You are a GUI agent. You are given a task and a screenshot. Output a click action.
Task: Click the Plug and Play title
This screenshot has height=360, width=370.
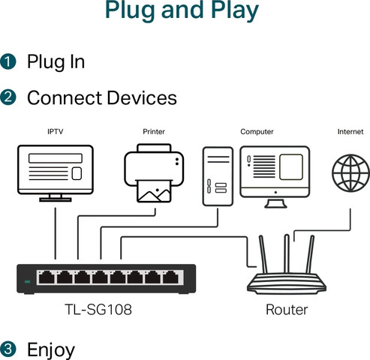pos(182,10)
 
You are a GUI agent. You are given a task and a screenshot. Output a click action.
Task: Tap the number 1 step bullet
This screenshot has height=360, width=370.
pos(8,61)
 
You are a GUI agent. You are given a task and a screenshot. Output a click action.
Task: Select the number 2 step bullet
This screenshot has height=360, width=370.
pos(8,97)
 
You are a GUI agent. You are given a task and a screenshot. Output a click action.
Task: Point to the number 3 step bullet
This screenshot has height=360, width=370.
pos(8,349)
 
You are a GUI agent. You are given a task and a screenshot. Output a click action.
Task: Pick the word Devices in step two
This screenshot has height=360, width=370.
pos(142,97)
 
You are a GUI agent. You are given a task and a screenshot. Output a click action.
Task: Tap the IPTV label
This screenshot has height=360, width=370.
pos(56,131)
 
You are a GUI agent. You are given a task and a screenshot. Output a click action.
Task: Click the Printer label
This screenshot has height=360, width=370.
pos(154,131)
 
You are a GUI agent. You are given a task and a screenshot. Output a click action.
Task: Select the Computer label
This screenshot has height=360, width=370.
pos(257,132)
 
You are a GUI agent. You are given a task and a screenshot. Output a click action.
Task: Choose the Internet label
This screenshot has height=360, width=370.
pos(350,131)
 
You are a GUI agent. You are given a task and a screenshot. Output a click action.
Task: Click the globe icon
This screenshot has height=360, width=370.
pos(350,173)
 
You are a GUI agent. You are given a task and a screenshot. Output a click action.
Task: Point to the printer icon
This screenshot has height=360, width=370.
pos(154,173)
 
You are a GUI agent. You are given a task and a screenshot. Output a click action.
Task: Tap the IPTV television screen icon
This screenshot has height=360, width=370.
pos(56,173)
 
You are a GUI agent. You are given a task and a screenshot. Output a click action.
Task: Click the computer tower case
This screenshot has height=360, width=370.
pos(218,176)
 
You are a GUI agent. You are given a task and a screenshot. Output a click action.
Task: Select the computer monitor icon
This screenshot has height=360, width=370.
pos(275,177)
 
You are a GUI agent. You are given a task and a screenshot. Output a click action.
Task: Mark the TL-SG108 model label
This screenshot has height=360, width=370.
pos(98,310)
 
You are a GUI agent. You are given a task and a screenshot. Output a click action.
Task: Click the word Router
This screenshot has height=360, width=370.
pos(287,310)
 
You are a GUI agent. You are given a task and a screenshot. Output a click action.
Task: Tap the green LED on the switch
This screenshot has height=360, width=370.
pos(28,282)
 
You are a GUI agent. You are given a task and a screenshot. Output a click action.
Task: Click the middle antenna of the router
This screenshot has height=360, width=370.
pos(287,253)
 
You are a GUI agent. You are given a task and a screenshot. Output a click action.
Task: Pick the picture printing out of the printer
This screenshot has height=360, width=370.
pos(154,191)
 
